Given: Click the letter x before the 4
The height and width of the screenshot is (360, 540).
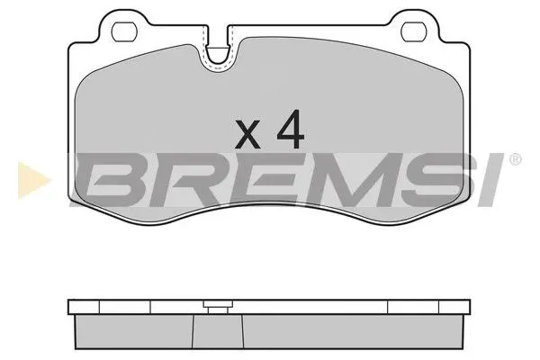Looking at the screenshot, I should pos(247,135).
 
